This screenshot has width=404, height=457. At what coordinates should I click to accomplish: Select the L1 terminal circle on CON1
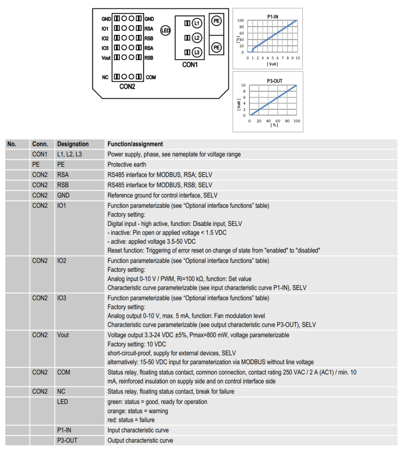197,23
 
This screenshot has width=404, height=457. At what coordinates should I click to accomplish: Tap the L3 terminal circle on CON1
197,52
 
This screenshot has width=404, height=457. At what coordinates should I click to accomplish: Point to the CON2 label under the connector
127,87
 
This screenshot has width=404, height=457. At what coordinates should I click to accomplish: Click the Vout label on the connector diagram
106,58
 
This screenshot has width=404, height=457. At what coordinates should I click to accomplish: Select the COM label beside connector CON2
151,78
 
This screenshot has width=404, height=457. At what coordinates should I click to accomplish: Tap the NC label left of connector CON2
105,78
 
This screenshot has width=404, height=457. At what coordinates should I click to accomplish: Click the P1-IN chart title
273,16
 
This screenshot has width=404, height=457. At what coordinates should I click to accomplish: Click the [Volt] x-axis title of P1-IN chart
272,64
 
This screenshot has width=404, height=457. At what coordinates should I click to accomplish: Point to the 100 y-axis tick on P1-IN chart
241,21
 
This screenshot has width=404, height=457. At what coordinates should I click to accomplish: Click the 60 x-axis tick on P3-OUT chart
278,121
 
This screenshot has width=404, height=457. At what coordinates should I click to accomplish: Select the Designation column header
73,144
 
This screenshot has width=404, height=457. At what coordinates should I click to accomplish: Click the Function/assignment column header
135,144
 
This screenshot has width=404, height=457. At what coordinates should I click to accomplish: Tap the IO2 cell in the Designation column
62,261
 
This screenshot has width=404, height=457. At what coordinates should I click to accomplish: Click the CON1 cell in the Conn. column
40,154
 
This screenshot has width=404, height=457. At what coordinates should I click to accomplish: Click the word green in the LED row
115,402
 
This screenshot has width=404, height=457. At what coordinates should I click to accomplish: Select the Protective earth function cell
127,165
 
